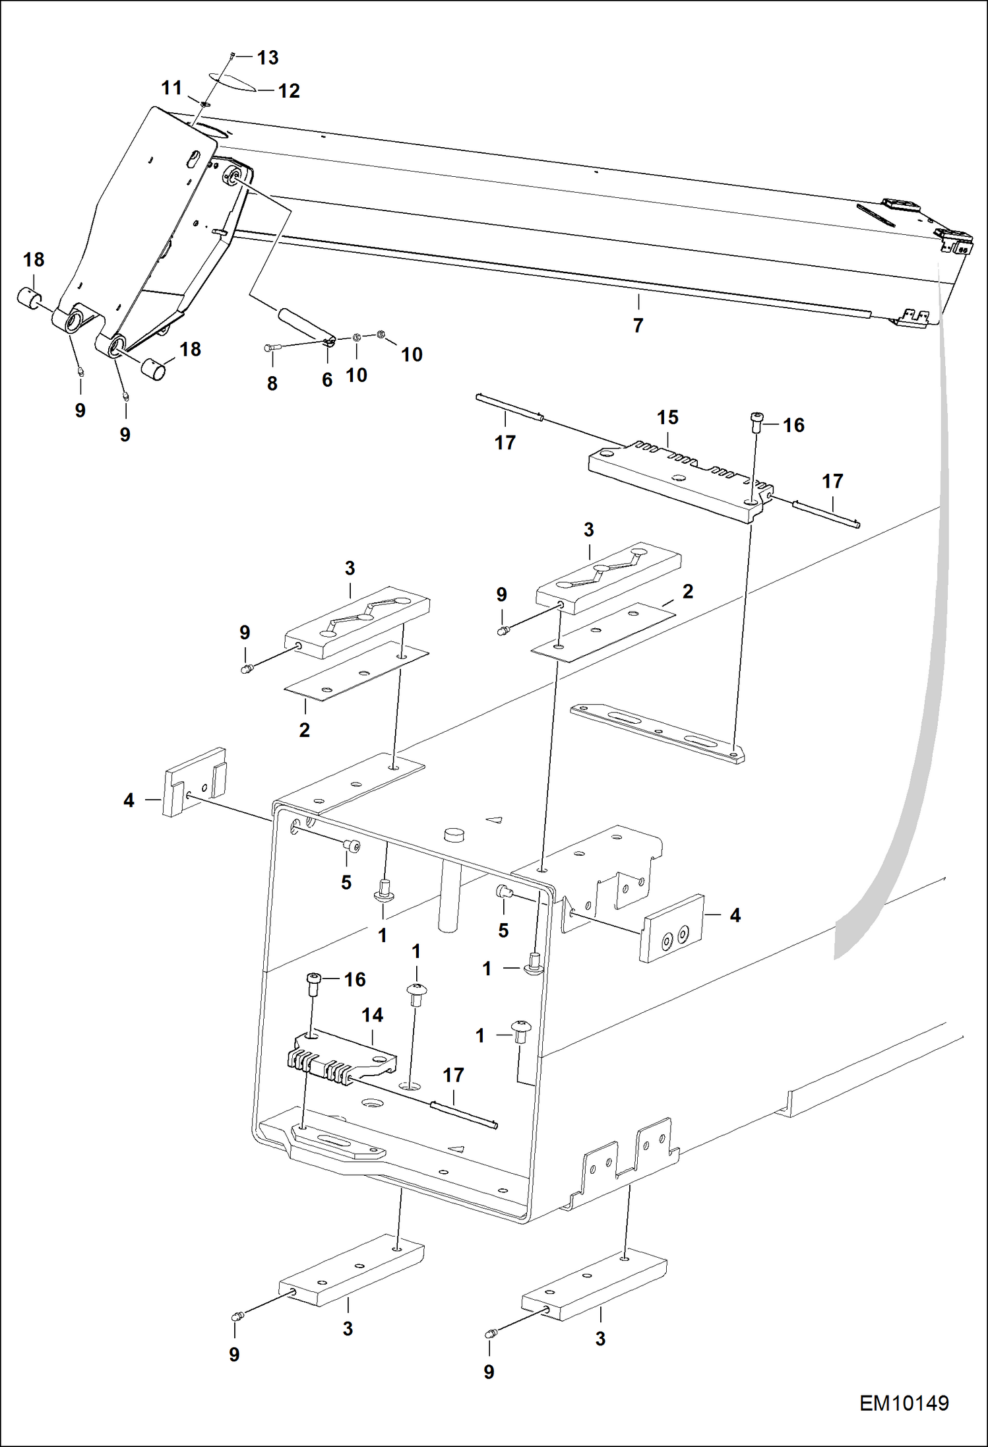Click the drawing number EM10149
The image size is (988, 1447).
coord(904,1403)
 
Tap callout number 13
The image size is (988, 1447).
coord(267,58)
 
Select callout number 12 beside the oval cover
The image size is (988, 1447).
coord(289,91)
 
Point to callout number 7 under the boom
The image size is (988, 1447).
coord(638,325)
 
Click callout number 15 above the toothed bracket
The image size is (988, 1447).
coord(667,418)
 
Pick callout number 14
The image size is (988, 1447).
coord(372,1015)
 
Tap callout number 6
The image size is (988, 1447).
coord(327,380)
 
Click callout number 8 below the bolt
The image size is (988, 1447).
coord(272,383)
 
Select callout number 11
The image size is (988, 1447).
coord(171,88)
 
